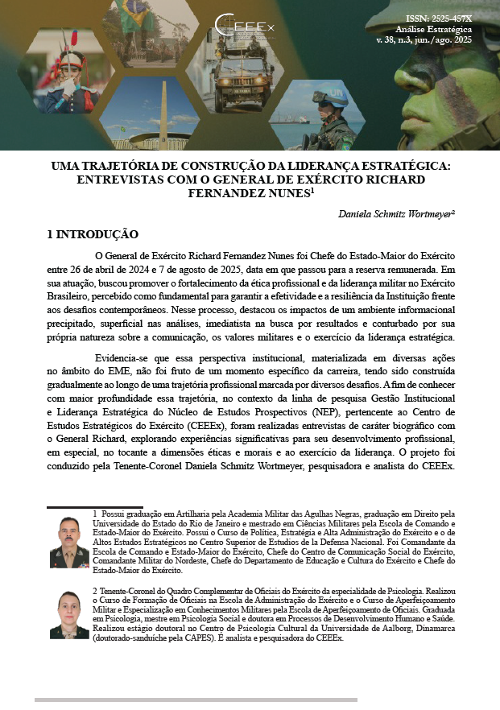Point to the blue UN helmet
tap(328, 97)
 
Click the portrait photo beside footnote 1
tap(68, 542)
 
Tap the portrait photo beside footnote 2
tap(68, 615)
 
